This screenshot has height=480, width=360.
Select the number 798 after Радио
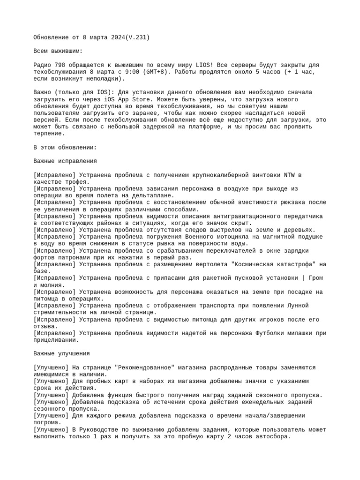click(x=61, y=65)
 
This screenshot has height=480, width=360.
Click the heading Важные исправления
click(x=65, y=161)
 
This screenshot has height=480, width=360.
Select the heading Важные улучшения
click(x=61, y=353)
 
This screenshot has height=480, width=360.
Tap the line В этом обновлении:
click(x=65, y=147)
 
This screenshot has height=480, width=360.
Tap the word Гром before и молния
click(x=315, y=278)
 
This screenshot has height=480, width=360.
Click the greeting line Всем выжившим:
click(x=58, y=51)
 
